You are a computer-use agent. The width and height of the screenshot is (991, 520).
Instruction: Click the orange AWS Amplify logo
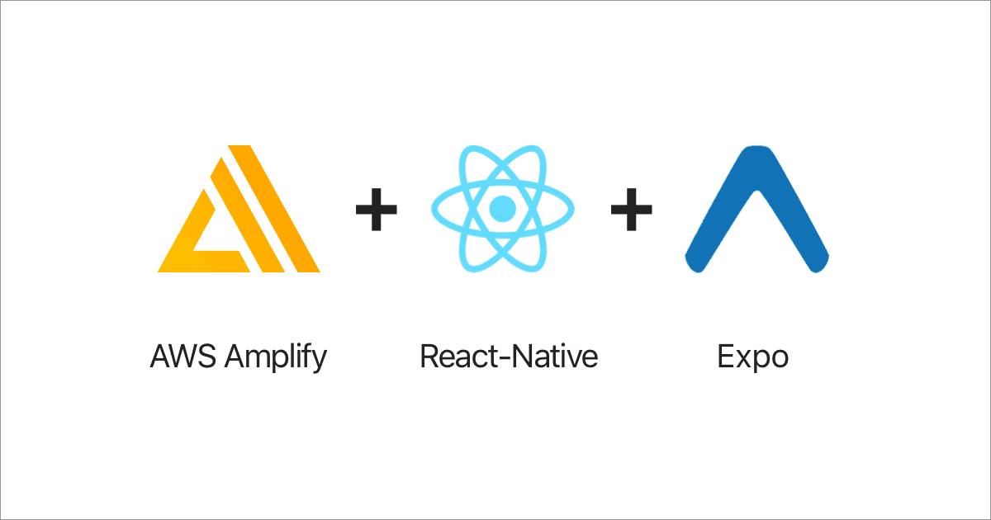239,209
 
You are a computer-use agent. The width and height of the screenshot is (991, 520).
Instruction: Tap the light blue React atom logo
503,209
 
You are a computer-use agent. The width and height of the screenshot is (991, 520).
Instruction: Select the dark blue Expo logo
757,209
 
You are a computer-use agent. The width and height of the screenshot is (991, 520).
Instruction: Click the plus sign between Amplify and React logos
377,210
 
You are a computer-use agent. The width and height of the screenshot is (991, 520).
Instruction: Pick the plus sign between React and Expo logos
631,210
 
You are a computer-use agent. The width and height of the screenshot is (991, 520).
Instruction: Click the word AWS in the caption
183,356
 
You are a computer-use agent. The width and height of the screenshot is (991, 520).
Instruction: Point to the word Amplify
276,357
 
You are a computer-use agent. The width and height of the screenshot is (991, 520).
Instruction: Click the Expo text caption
753,357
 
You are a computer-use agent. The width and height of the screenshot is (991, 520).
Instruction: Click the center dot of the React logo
503,209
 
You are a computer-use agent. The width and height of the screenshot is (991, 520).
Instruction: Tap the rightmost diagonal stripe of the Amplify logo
274,209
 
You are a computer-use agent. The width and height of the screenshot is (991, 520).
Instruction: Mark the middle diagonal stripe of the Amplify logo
247,215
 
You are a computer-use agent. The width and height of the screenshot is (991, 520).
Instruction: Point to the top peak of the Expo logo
757,147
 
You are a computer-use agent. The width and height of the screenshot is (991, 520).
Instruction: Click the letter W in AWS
183,357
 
